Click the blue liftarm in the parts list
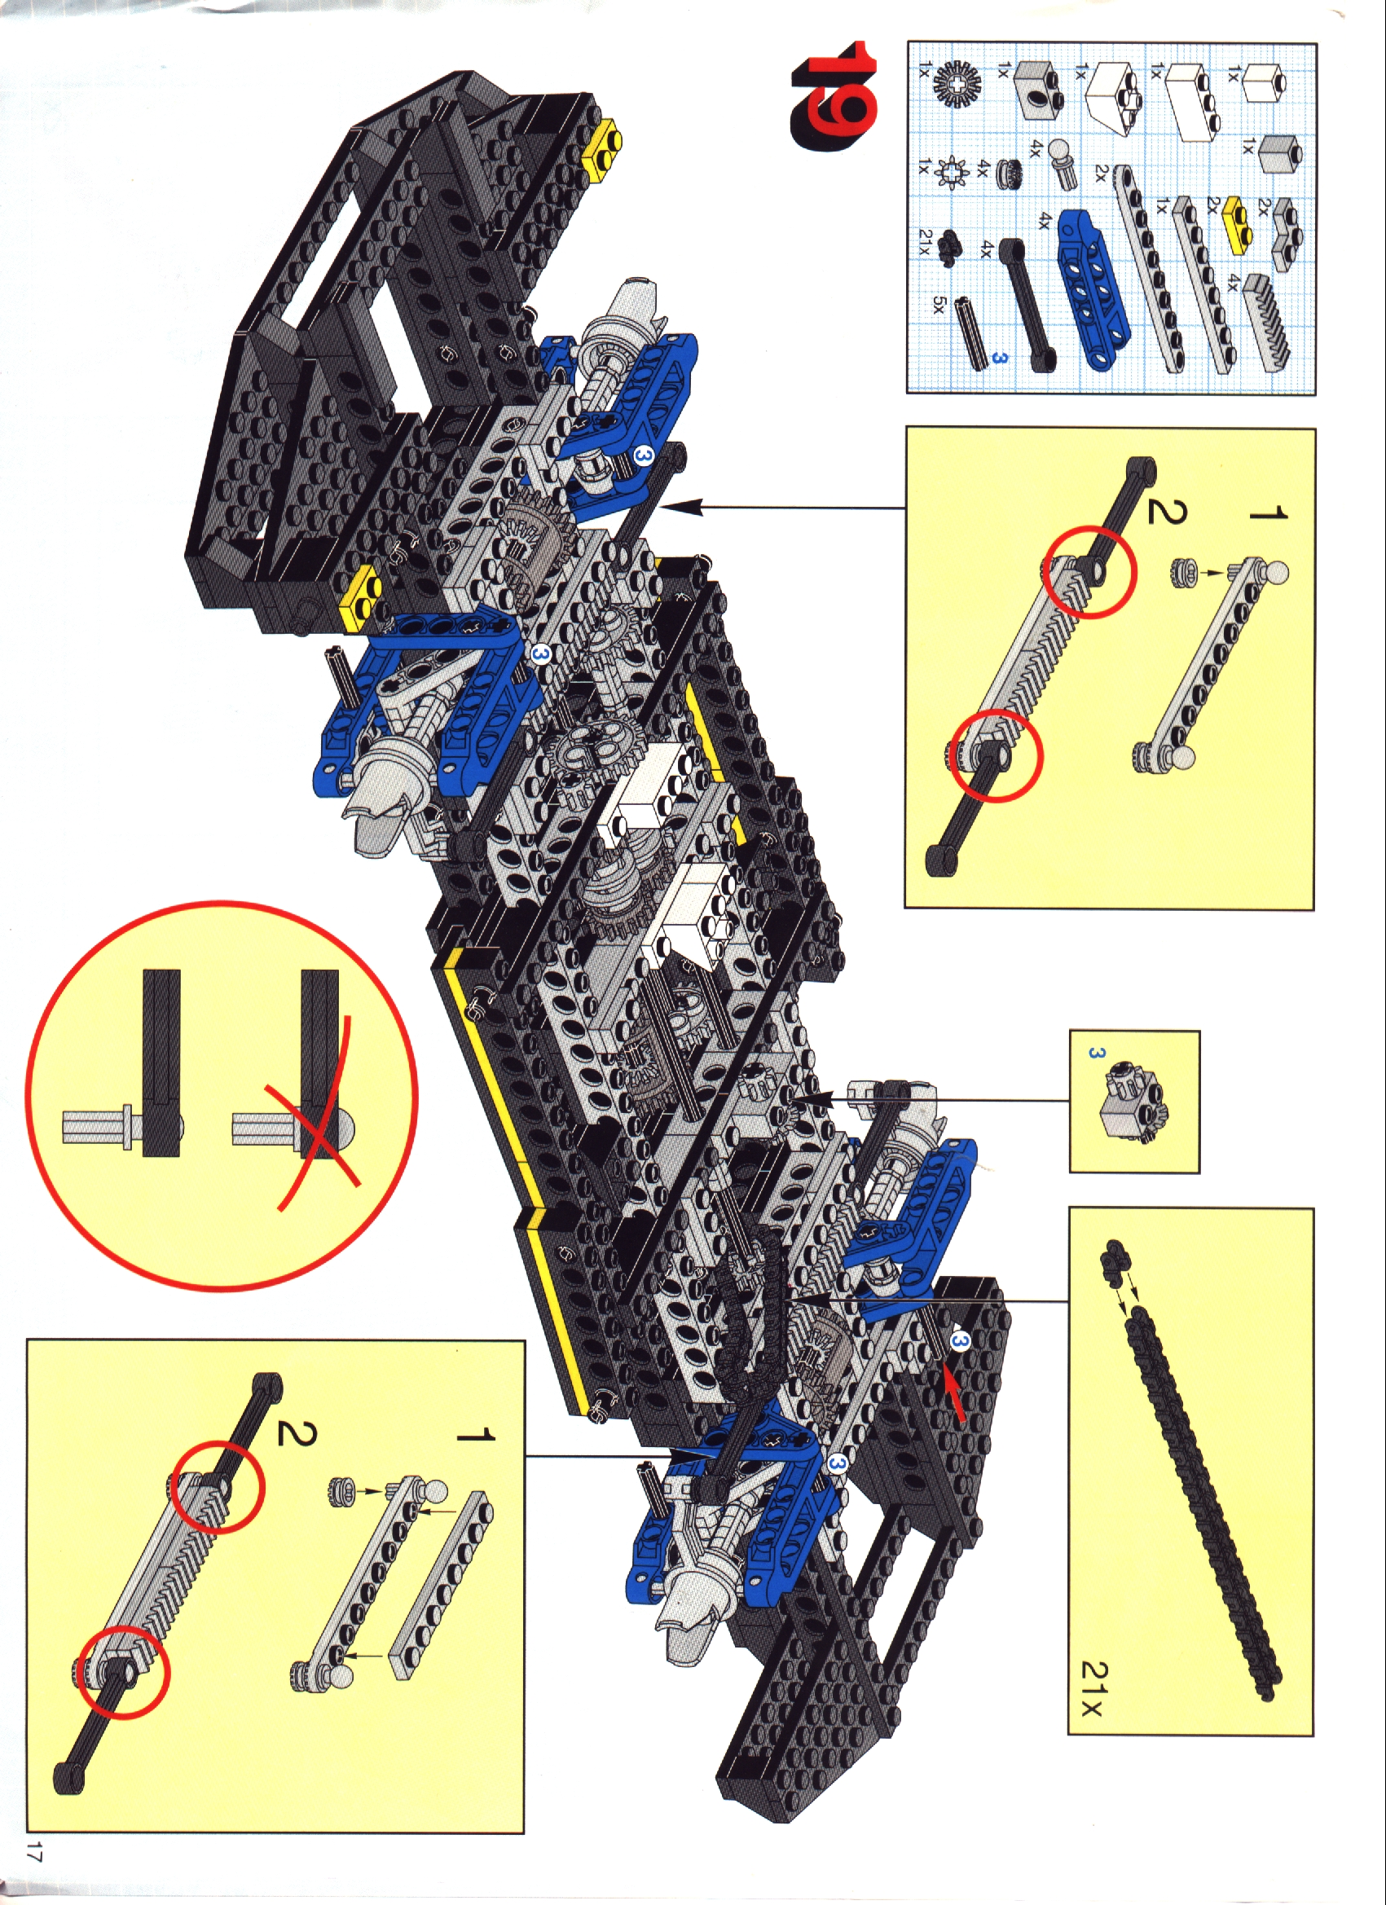[x=1094, y=285]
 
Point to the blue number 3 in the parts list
[x=997, y=357]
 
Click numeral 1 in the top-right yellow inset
[x=1268, y=513]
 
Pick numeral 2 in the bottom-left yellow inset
[x=294, y=1433]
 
